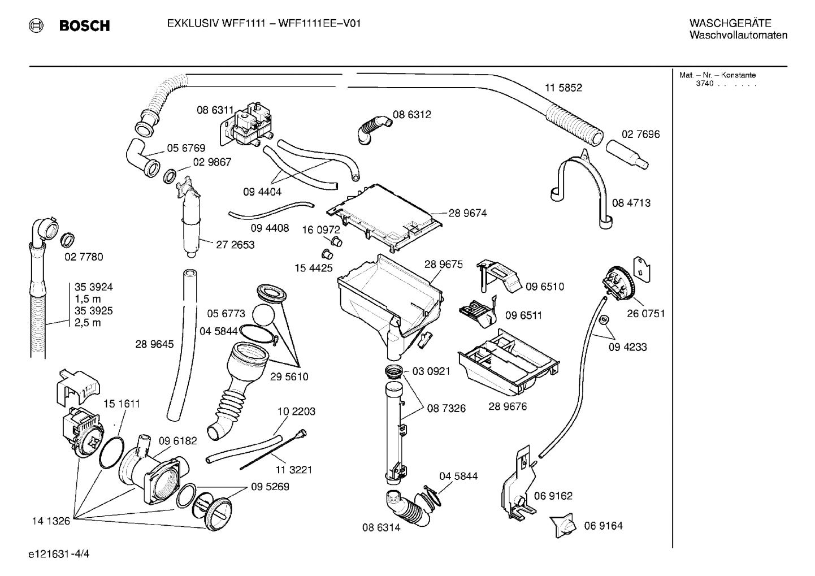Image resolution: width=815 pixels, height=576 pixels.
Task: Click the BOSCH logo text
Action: point(84,25)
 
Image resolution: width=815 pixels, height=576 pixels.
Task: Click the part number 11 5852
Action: point(563,88)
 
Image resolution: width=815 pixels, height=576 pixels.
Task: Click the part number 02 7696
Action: point(640,134)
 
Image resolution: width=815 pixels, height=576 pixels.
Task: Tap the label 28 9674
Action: point(467,213)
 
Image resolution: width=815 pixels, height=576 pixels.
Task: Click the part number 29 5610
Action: point(289,376)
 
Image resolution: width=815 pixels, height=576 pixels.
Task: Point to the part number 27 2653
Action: point(235,245)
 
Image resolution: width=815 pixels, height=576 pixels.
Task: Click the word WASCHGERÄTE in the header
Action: point(730,23)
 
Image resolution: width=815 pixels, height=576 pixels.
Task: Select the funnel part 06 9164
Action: point(563,525)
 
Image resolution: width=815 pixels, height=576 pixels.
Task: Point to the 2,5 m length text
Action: point(88,323)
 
